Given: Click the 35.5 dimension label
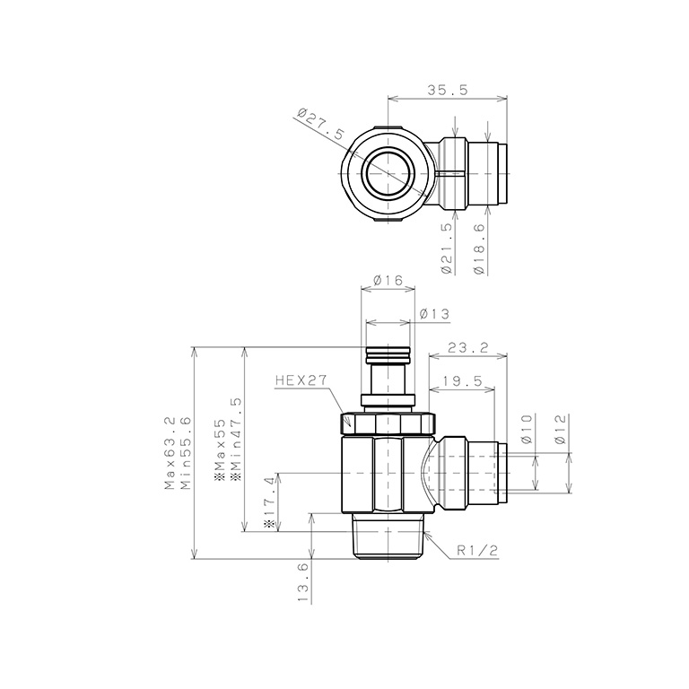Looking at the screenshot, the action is [448, 90].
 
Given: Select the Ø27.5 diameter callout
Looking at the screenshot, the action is [321, 124].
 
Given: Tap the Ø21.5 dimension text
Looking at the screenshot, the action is [447, 249].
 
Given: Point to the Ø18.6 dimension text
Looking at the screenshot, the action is [479, 249].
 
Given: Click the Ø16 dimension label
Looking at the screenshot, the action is [388, 280].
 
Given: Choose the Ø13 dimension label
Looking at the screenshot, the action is [435, 314].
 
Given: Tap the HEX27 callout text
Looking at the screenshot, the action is [301, 380].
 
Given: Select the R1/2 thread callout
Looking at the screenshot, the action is [477, 551].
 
